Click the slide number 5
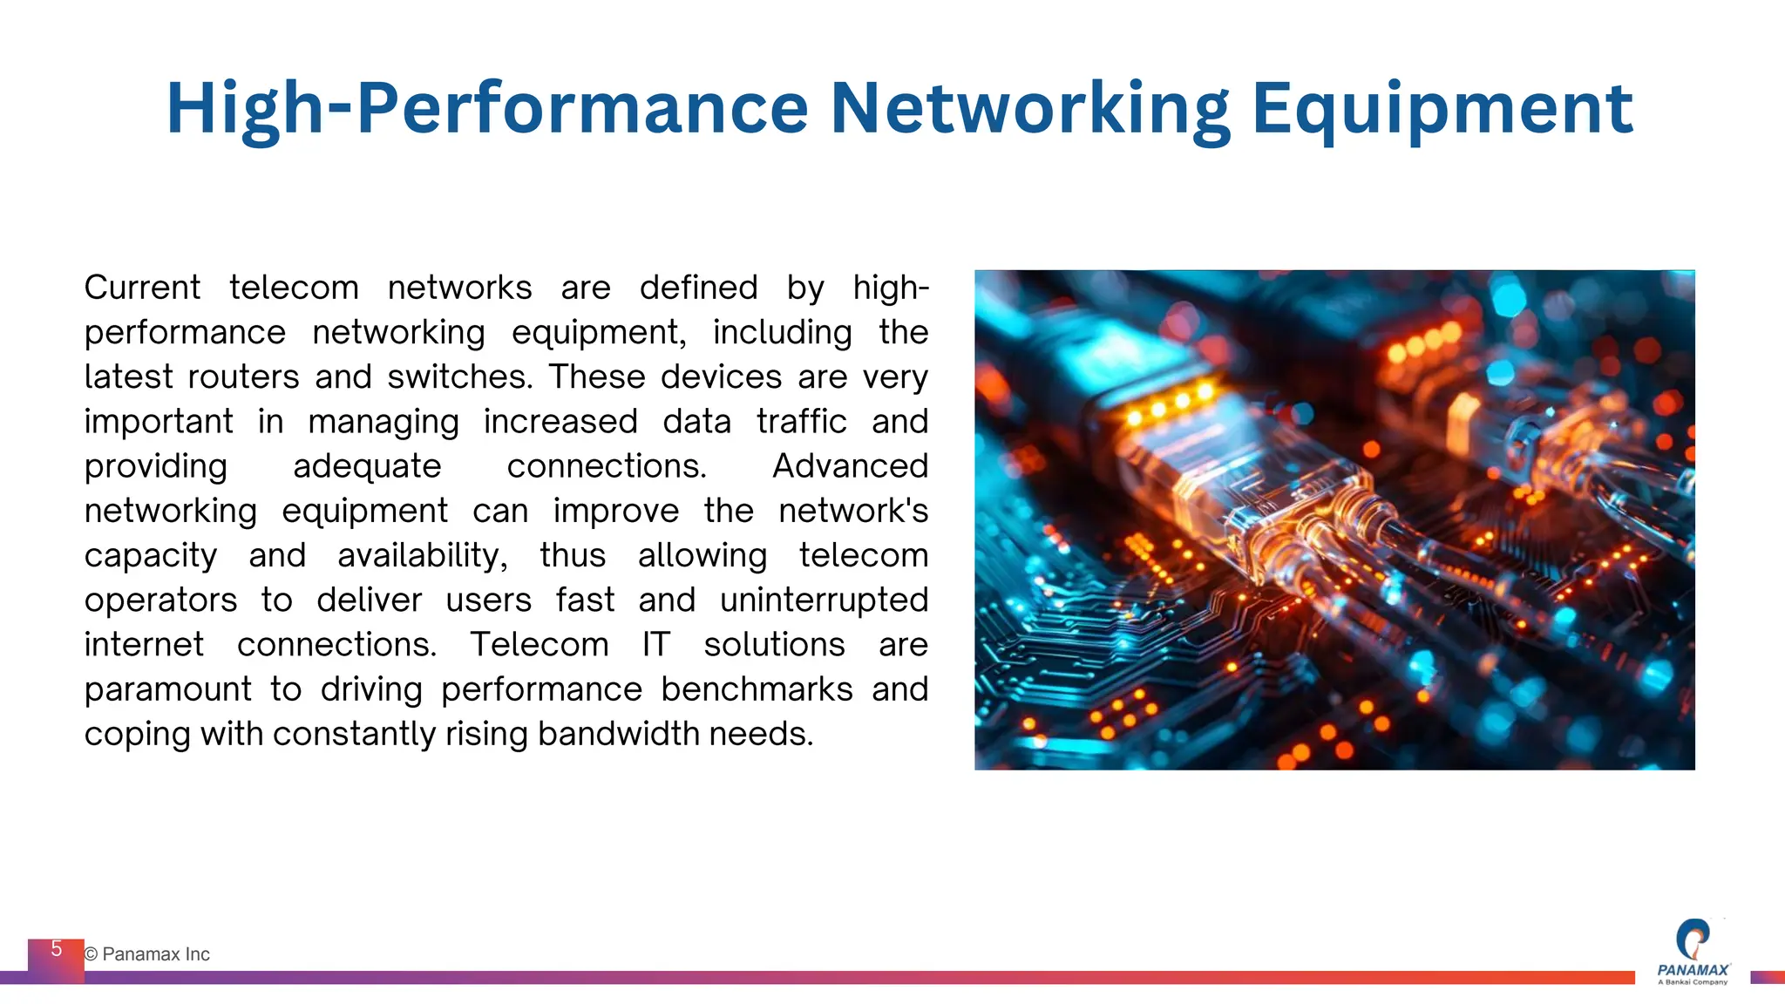57,949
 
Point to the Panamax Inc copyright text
147,954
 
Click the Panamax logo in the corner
1693,952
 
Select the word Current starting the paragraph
142,288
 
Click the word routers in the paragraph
243,376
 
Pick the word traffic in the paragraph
801,422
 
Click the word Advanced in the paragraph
850,466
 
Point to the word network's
853,511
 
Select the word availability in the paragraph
422,555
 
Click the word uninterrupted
824,600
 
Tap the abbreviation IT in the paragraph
655,645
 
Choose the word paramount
167,689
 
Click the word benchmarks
757,689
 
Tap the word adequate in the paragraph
367,466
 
